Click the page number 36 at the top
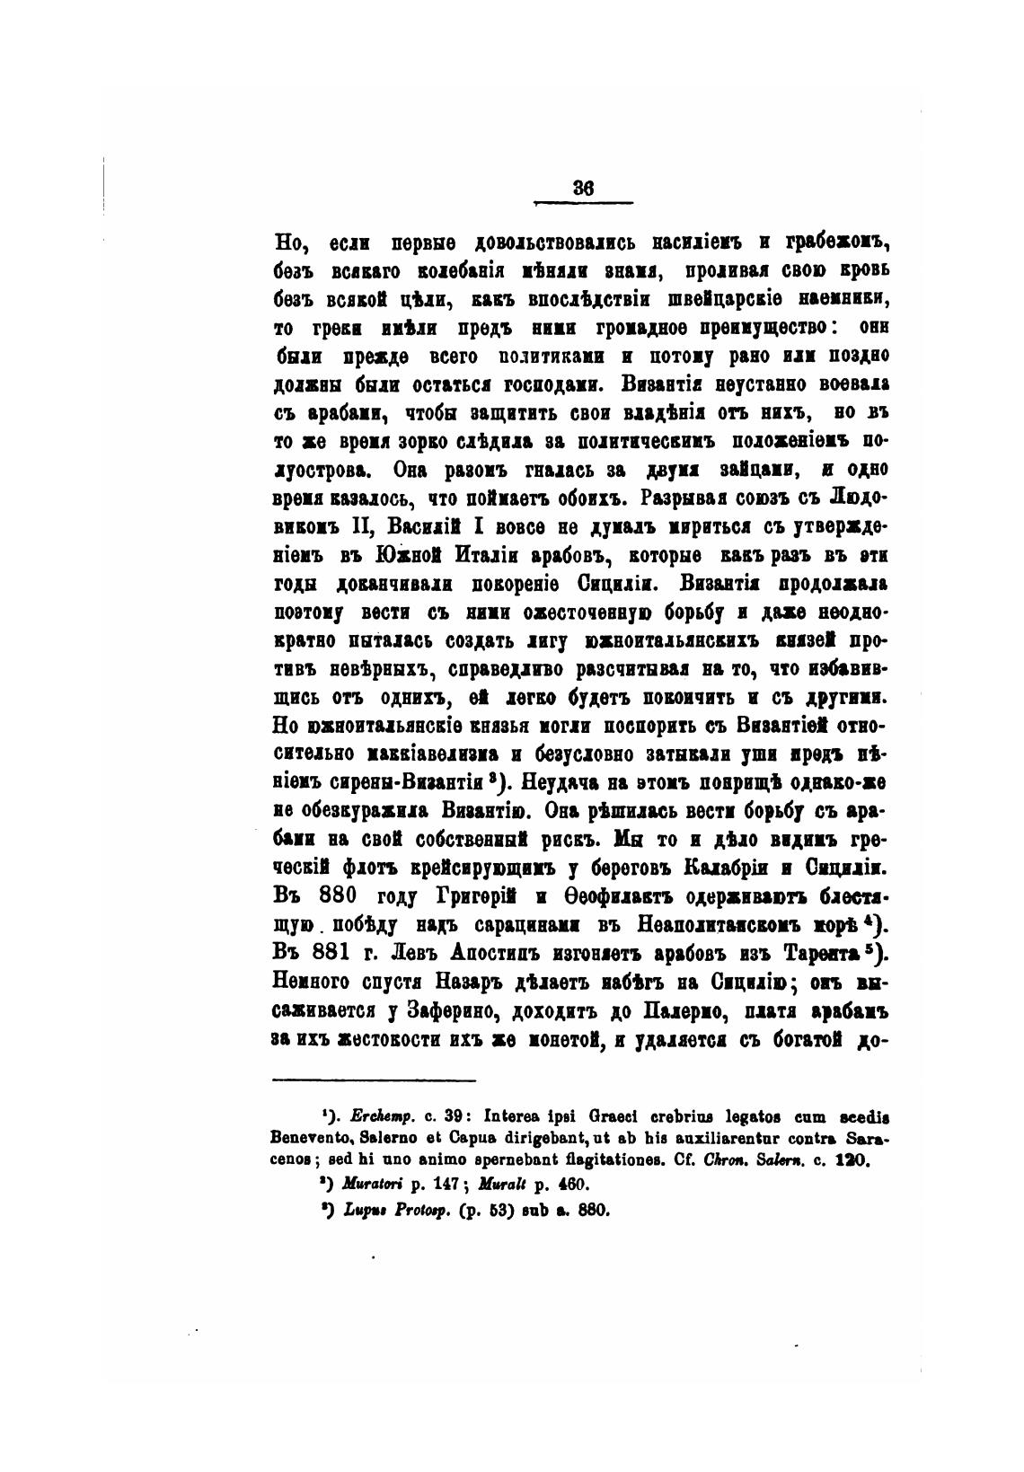click(584, 189)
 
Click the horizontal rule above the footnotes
click(373, 1080)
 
